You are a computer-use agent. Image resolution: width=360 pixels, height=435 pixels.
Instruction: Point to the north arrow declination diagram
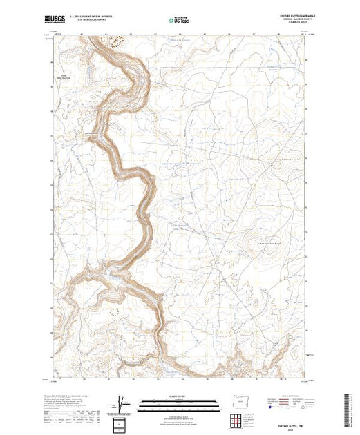click(122, 403)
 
